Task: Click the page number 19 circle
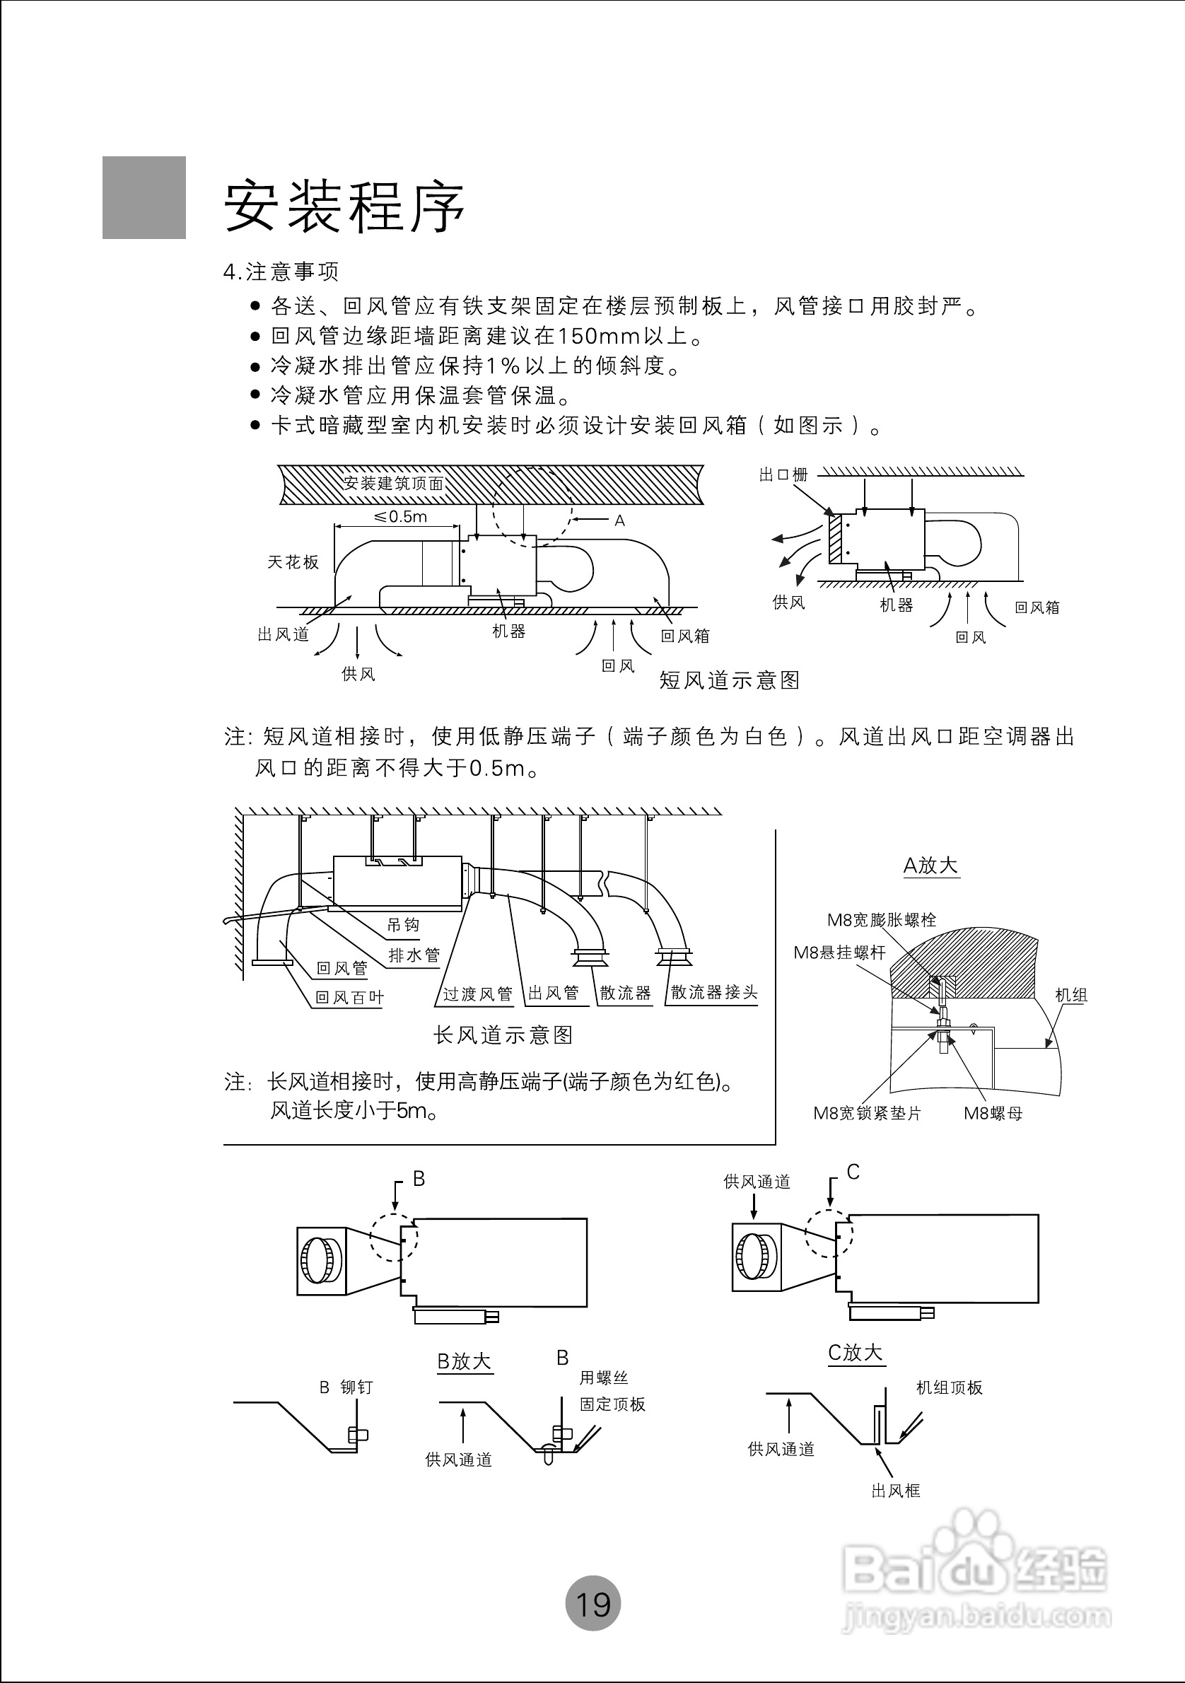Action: pyautogui.click(x=593, y=1604)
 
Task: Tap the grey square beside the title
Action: pyautogui.click(x=144, y=197)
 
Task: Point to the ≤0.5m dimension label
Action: pyautogui.click(x=400, y=517)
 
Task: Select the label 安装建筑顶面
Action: pyautogui.click(x=394, y=483)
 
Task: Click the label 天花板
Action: pyautogui.click(x=293, y=562)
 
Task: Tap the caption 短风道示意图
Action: pyautogui.click(x=729, y=680)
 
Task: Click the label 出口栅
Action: pyautogui.click(x=783, y=475)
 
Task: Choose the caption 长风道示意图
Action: pyautogui.click(x=503, y=1035)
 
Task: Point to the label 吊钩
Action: pyautogui.click(x=403, y=925)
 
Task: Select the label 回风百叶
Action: pyautogui.click(x=349, y=998)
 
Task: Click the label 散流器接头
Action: pyautogui.click(x=714, y=993)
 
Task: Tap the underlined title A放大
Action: pyautogui.click(x=930, y=866)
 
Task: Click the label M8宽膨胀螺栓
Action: pyautogui.click(x=882, y=920)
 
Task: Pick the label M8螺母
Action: pyautogui.click(x=993, y=1114)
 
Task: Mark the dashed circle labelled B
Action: pyautogui.click(x=395, y=1237)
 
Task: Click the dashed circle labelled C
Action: pyautogui.click(x=829, y=1233)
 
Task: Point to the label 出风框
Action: pyautogui.click(x=896, y=1491)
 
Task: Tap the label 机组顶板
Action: pyautogui.click(x=949, y=1387)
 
